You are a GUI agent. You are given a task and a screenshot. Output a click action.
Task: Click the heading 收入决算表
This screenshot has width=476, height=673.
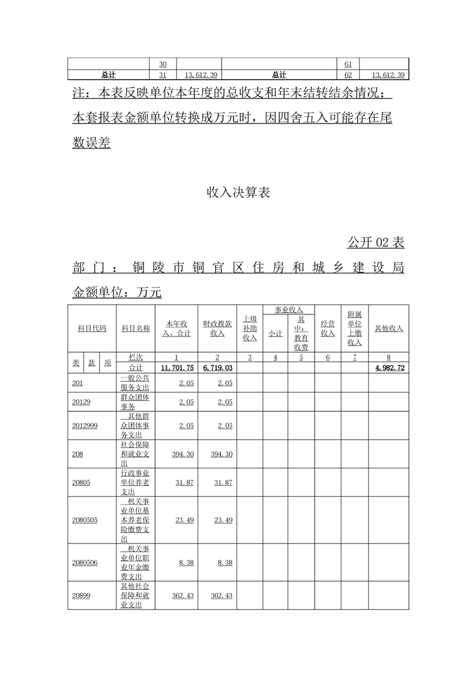pyautogui.click(x=238, y=193)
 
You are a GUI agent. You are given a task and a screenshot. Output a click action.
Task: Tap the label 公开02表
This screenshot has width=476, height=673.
pyautogui.click(x=375, y=242)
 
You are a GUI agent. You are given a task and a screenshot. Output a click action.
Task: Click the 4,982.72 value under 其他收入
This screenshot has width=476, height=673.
pyautogui.click(x=388, y=368)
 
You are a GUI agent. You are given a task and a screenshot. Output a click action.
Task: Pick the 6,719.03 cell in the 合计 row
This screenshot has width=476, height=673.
pyautogui.click(x=217, y=368)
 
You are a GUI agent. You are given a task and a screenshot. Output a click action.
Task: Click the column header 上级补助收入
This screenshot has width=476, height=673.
pyautogui.click(x=250, y=328)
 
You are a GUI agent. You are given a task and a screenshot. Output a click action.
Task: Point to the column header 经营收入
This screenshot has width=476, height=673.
pyautogui.click(x=328, y=328)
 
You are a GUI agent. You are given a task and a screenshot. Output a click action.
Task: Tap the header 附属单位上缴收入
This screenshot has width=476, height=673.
pyautogui.click(x=355, y=328)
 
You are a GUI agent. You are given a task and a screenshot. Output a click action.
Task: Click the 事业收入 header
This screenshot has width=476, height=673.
pyautogui.click(x=288, y=310)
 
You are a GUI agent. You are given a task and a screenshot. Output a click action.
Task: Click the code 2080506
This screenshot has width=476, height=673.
pyautogui.click(x=85, y=563)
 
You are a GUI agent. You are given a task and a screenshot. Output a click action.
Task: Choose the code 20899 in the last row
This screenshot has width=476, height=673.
pyautogui.click(x=81, y=596)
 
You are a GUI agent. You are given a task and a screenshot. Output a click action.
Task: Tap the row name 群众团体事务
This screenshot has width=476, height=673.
pyautogui.click(x=134, y=402)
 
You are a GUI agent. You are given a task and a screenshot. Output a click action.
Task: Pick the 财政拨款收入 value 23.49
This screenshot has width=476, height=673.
pyautogui.click(x=221, y=520)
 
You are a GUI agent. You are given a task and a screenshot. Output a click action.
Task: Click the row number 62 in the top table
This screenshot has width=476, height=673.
pyautogui.click(x=348, y=75)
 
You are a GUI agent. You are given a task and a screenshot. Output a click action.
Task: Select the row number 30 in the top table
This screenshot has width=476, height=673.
pyautogui.click(x=163, y=64)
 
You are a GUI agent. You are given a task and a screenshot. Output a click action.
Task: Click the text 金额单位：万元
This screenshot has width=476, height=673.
pyautogui.click(x=117, y=292)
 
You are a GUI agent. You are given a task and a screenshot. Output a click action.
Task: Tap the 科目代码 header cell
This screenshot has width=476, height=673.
pyautogui.click(x=92, y=328)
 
